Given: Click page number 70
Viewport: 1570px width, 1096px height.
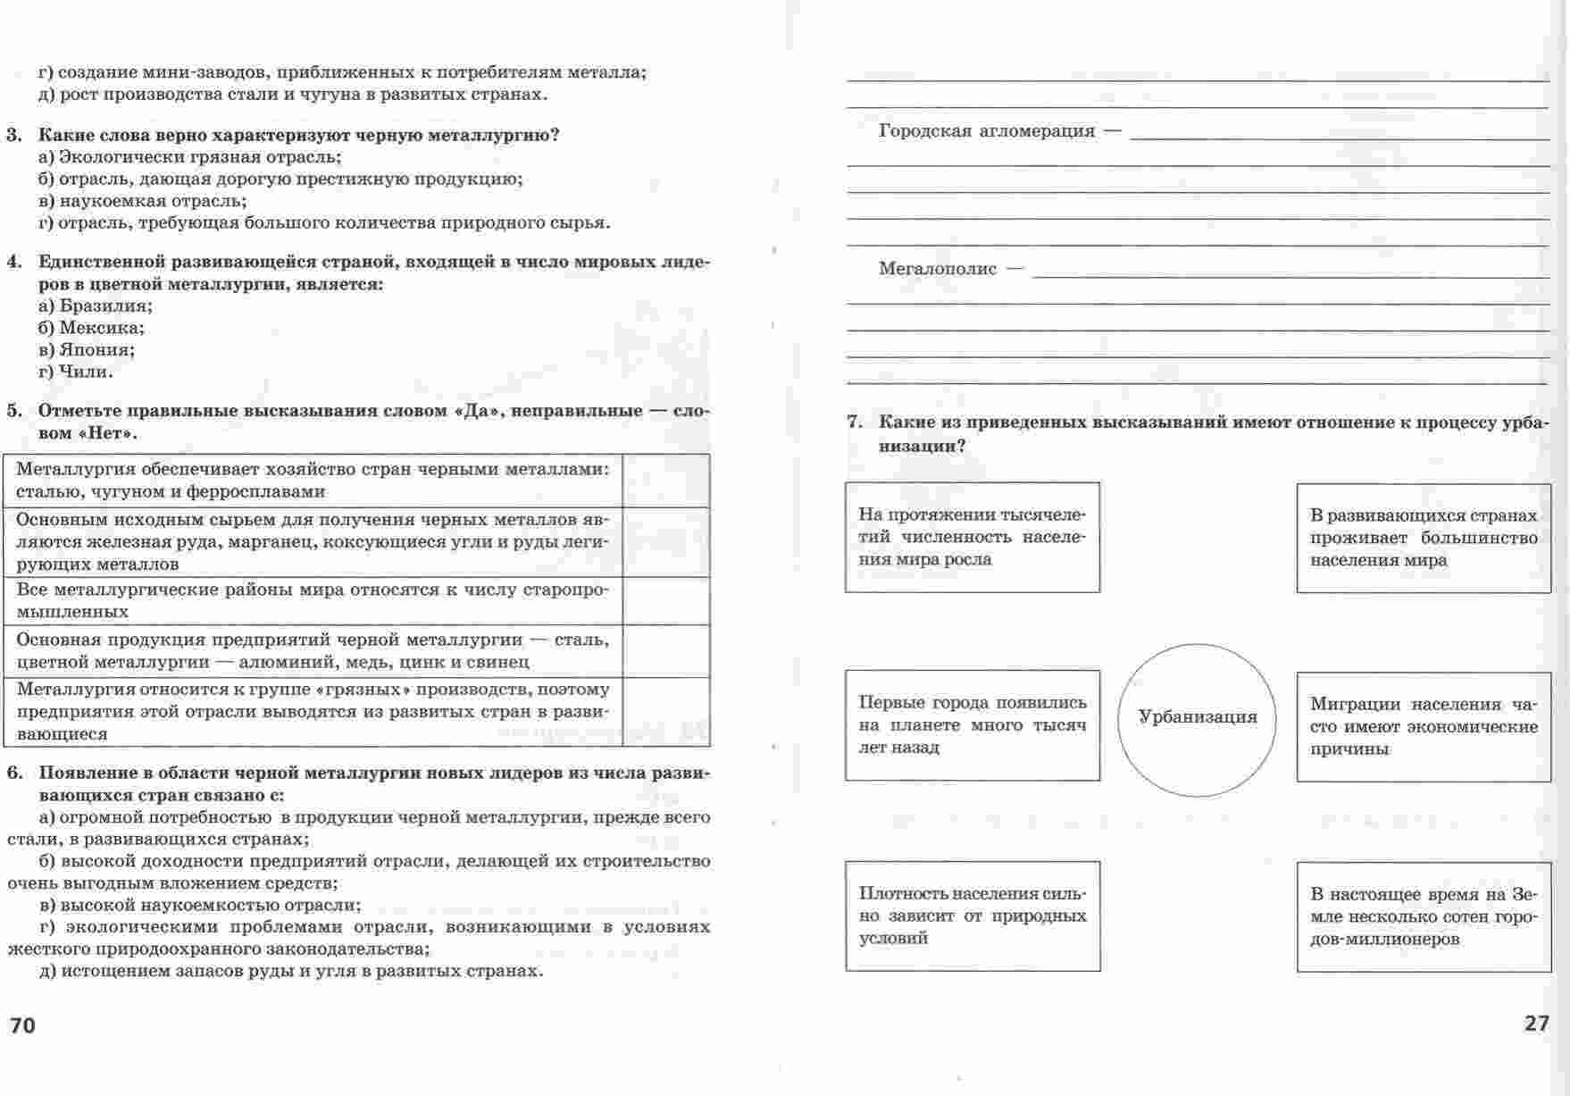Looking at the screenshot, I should coord(23,1025).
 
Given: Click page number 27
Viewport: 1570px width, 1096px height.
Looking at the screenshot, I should coord(1537,1024).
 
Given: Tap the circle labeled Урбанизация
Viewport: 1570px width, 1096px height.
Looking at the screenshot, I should coord(1197,718).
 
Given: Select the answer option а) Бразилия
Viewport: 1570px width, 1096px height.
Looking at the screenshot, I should coord(96,305).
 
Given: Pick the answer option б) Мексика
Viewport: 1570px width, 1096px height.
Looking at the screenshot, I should coord(91,328).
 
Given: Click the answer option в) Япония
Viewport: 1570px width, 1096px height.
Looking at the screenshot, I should coord(87,350).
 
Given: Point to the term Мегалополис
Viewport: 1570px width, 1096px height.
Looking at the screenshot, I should coord(938,269).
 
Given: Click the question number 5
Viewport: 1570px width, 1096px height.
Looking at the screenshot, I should coord(14,411).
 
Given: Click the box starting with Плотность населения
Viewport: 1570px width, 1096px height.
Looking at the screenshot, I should coord(973,916).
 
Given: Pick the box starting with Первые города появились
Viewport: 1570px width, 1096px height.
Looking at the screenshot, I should coord(973,725).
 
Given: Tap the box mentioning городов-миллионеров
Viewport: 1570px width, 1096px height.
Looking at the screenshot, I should coord(1424,916).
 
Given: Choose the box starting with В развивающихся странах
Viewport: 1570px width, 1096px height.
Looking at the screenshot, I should coord(1424,538).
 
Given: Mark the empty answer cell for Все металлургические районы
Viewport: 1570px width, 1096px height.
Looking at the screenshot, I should coord(665,601).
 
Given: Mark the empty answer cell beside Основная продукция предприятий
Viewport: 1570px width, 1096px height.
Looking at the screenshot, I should coord(665,651).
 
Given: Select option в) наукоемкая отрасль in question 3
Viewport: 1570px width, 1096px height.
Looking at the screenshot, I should coord(143,201).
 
